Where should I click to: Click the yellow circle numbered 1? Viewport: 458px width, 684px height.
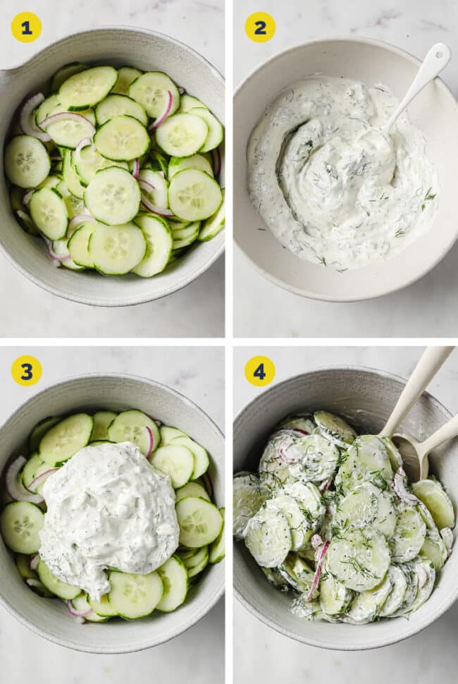click(26, 27)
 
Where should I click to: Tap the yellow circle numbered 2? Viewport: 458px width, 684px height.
click(260, 27)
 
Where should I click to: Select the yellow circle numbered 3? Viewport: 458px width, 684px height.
click(26, 371)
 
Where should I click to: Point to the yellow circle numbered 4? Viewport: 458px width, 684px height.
click(260, 371)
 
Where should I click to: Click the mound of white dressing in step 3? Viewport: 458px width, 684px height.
click(109, 515)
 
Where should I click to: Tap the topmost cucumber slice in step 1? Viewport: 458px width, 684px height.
click(87, 87)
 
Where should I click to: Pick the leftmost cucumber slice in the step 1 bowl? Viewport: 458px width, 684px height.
click(27, 161)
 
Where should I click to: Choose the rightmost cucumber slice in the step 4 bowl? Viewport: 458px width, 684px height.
click(434, 503)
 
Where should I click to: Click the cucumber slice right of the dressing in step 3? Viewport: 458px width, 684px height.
click(199, 522)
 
